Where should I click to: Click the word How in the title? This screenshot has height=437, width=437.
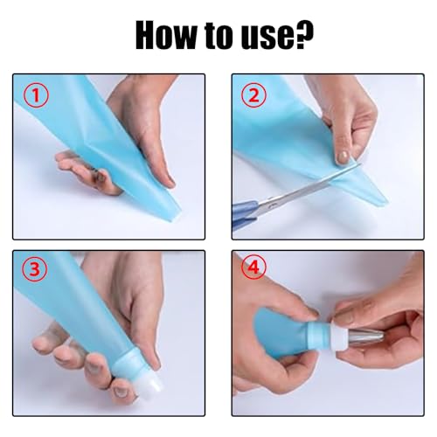[x=166, y=35]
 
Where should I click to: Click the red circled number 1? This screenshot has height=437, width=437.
[x=36, y=94]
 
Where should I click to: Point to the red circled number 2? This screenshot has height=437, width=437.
[x=254, y=94]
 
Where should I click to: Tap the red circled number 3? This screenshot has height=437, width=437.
[x=35, y=269]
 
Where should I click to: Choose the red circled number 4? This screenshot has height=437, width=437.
[x=253, y=267]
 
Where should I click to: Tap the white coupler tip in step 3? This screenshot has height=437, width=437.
[x=151, y=383]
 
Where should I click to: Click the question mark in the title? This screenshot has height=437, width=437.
[x=304, y=34]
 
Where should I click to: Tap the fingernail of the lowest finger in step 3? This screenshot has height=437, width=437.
[x=120, y=392]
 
